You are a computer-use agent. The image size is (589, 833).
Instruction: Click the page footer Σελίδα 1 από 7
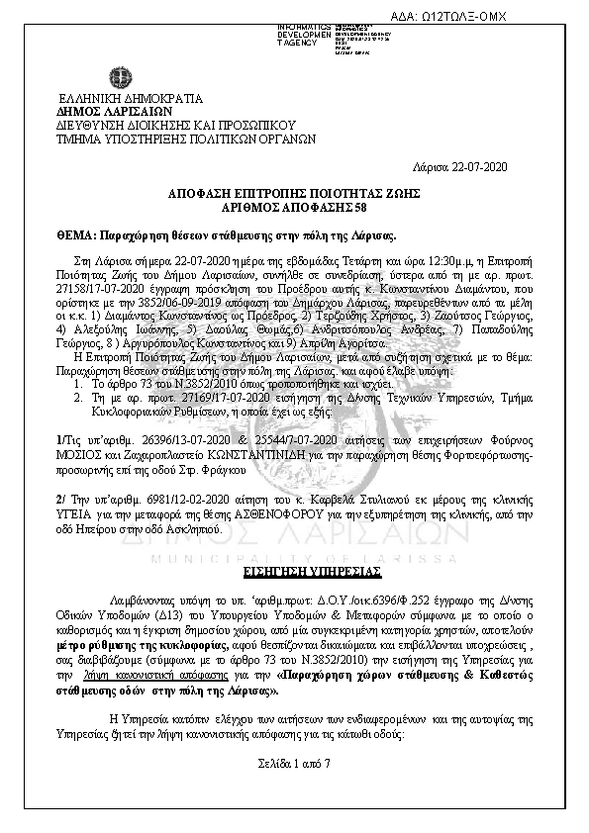click(295, 765)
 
